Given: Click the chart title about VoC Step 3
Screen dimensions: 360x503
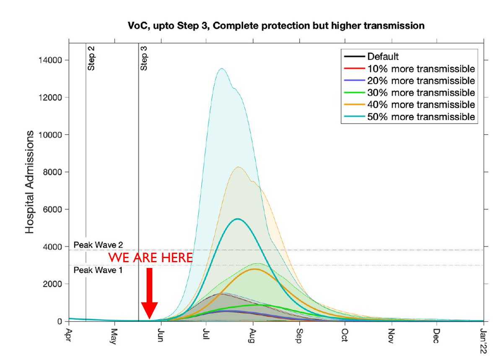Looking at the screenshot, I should [x=276, y=26].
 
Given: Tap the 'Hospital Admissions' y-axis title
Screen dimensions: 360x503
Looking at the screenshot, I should [x=29, y=182].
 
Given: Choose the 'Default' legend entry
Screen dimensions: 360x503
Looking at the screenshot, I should [x=383, y=56].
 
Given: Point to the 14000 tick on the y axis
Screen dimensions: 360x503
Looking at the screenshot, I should [x=53, y=60].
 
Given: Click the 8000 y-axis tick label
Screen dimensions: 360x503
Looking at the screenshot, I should [x=55, y=172].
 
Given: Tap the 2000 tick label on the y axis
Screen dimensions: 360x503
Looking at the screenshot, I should [x=55, y=284].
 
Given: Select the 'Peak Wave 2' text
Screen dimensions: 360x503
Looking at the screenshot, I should [x=98, y=245].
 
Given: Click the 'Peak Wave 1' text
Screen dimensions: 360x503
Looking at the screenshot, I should [x=98, y=271].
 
